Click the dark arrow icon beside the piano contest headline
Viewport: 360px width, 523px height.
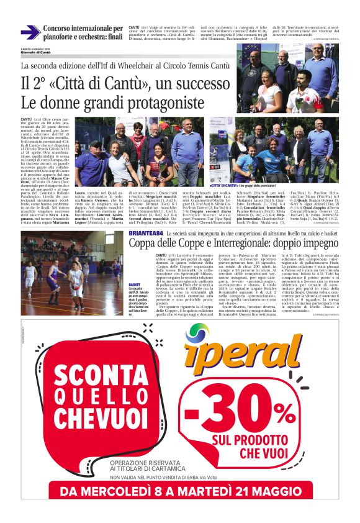coord(30,32)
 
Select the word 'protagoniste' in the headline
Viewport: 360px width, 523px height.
coord(165,101)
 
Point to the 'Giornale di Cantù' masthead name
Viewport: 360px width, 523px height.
coord(35,51)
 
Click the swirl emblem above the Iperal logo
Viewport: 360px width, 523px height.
coord(197,335)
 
